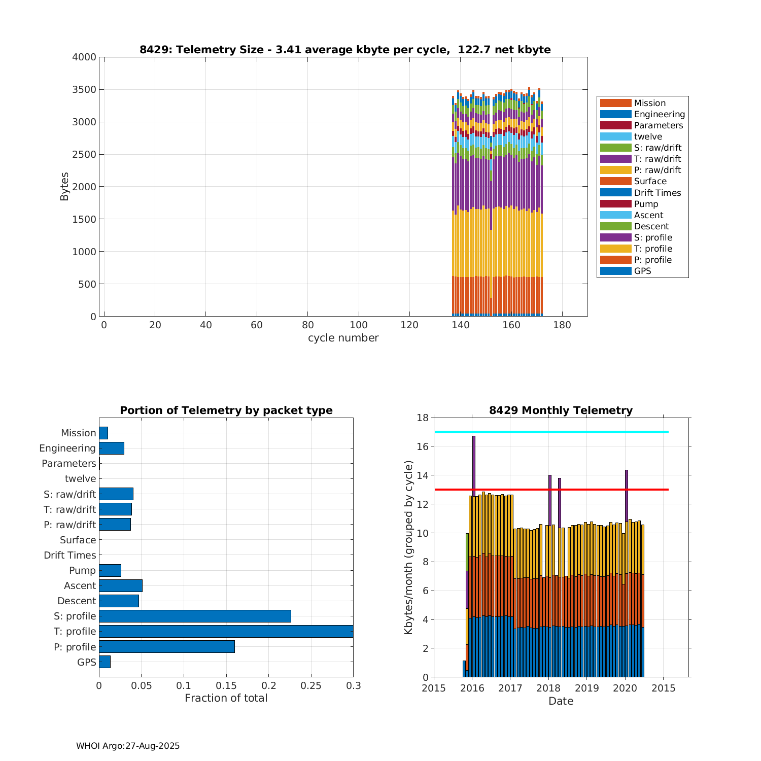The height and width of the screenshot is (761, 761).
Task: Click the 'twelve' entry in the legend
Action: [x=648, y=136]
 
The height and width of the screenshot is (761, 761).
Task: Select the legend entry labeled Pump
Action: [x=646, y=204]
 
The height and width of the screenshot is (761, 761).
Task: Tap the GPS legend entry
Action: [x=642, y=271]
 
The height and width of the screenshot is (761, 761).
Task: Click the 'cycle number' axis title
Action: [x=343, y=338]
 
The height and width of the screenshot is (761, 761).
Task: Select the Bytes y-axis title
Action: [x=64, y=187]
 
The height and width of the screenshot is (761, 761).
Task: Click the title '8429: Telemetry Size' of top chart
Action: [x=345, y=50]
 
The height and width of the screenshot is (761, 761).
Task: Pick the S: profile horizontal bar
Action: [x=195, y=616]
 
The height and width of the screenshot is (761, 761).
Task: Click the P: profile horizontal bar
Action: [x=167, y=646]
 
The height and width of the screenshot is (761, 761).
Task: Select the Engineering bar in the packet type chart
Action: [x=112, y=448]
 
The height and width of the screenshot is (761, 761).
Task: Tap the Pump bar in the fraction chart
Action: [x=110, y=570]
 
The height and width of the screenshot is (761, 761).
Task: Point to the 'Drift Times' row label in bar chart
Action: [x=70, y=555]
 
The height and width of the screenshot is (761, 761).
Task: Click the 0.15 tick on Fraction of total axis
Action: [x=184, y=686]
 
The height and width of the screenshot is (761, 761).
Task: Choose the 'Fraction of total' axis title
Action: [x=226, y=698]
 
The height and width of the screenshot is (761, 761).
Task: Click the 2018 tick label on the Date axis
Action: [x=548, y=688]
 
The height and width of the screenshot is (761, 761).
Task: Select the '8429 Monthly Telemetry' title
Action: [x=561, y=410]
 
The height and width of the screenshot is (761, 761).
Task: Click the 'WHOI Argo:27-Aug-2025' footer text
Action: [x=128, y=746]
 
